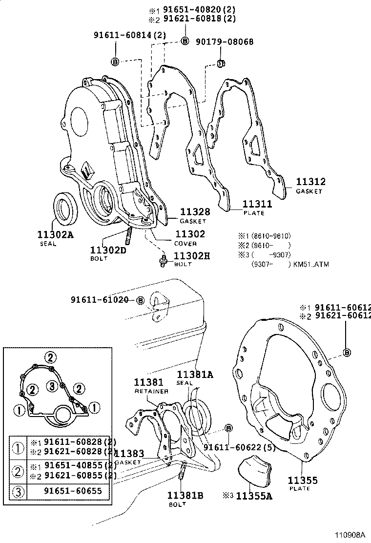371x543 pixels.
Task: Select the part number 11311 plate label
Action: (257, 204)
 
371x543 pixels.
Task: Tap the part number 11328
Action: (195, 211)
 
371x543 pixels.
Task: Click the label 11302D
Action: (108, 250)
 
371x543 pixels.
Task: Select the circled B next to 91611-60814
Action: (115, 62)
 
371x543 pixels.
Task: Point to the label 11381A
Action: (195, 375)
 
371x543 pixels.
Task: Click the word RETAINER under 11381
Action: (151, 391)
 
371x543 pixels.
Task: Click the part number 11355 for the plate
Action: (302, 480)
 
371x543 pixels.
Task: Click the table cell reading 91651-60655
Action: (73, 491)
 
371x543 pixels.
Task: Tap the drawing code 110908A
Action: (351, 535)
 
